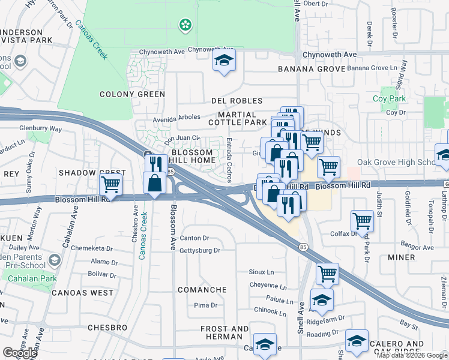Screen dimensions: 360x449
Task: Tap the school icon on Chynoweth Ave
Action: (224, 61)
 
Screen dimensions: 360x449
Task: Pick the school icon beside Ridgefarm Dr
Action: (322, 301)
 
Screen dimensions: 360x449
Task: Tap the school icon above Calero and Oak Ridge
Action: (357, 341)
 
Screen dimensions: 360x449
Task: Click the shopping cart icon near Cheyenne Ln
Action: (327, 274)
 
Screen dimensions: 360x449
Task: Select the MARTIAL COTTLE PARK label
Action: (237, 118)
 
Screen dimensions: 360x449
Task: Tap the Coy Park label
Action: (389, 98)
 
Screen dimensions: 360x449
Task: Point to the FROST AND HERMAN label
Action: (224, 333)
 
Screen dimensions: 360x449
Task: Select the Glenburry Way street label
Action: (40, 128)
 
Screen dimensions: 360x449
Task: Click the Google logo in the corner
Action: (20, 352)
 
